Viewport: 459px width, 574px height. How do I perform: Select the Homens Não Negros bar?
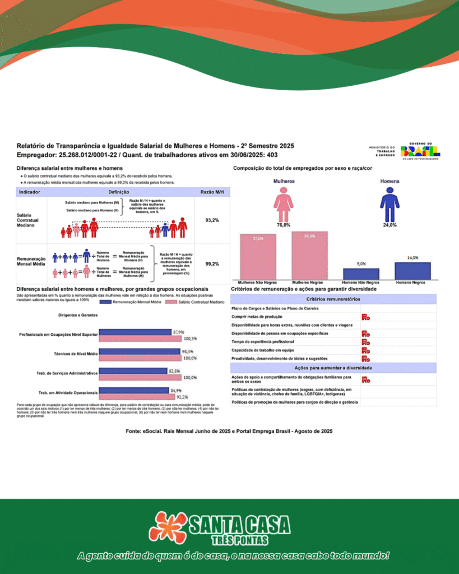tap(361, 274)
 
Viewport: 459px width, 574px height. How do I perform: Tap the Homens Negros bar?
tap(412, 271)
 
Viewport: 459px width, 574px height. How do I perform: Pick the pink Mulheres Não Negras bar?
tap(258, 257)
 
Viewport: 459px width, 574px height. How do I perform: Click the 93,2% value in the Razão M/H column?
tap(212, 220)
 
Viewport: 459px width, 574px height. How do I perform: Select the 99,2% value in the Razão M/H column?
tap(212, 263)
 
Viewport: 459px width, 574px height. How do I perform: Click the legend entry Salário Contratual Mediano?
tap(201, 302)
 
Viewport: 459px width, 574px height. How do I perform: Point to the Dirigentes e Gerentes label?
tap(78, 316)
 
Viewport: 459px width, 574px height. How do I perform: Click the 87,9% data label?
tap(179, 332)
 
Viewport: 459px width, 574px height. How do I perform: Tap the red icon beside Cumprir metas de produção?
tap(365, 317)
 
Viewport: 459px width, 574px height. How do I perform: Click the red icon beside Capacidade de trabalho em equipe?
tap(365, 350)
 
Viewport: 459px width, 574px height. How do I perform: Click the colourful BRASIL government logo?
tap(420, 150)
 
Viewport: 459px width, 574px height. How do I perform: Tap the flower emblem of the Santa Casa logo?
tap(171, 527)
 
